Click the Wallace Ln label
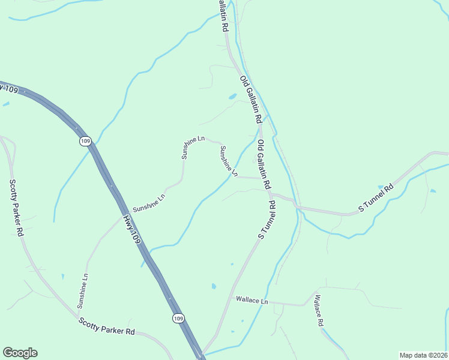[x=252, y=299]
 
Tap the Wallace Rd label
[x=319, y=310]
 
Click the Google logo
[x=20, y=353]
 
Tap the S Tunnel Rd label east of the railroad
[x=375, y=197]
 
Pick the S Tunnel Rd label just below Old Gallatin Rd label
[x=267, y=221]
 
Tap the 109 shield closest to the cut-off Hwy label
[x=85, y=141]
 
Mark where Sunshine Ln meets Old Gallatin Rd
[x=262, y=178]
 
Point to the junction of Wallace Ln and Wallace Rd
[x=306, y=305]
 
